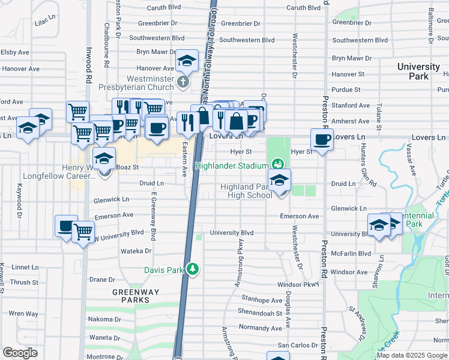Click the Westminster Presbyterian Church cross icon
click(183, 81)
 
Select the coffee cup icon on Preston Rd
click(322, 140)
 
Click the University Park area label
click(418, 71)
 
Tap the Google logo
click(20, 352)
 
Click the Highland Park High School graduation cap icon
click(279, 180)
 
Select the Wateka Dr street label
click(136, 251)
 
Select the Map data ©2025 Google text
click(411, 355)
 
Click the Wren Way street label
click(23, 313)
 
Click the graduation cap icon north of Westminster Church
click(187, 61)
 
